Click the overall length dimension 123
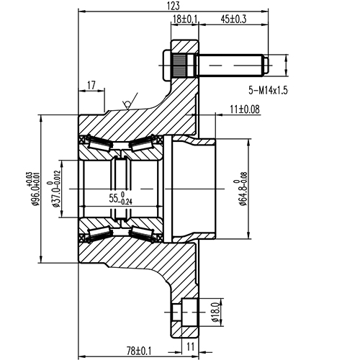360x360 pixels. pyautogui.click(x=172, y=6)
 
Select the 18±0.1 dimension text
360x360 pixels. pyautogui.click(x=186, y=19)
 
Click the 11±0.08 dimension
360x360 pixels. pyautogui.click(x=244, y=109)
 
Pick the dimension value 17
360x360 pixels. pyautogui.click(x=91, y=86)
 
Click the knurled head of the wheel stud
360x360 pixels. pyautogui.click(x=183, y=66)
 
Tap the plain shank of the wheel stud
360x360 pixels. pyautogui.click(x=230, y=66)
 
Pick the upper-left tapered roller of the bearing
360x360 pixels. pyautogui.click(x=97, y=145)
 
